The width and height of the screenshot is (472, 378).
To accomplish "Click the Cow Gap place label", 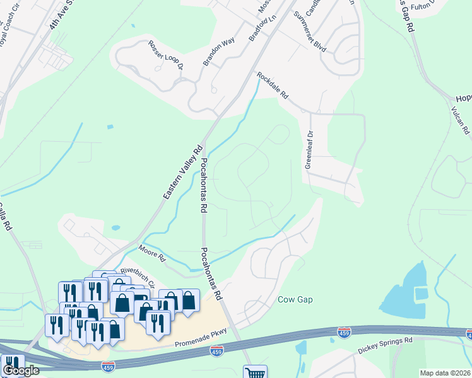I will pos(296,299).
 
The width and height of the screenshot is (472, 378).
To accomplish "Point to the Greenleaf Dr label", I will pos(309,149).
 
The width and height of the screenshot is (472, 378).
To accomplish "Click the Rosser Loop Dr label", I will pos(165,55).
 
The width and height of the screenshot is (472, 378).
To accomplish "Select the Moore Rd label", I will pos(151,253).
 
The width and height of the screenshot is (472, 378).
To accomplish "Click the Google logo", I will pos(21,370).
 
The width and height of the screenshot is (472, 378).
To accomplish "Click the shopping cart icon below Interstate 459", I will pos(255,373).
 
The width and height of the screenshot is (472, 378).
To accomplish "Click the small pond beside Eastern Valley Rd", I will pos(115,228).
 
